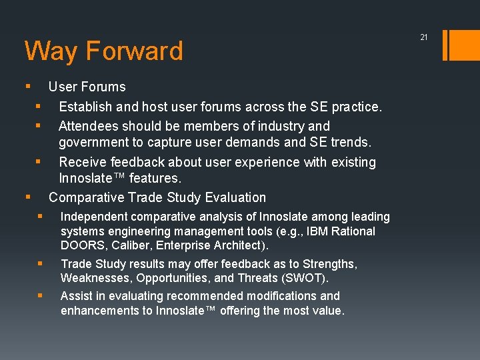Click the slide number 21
[423, 37]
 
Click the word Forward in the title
[134, 51]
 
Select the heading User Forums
[87, 87]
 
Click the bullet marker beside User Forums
[27, 86]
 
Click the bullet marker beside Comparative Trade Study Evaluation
[27, 197]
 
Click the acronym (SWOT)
[309, 279]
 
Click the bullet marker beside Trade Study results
[40, 263]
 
